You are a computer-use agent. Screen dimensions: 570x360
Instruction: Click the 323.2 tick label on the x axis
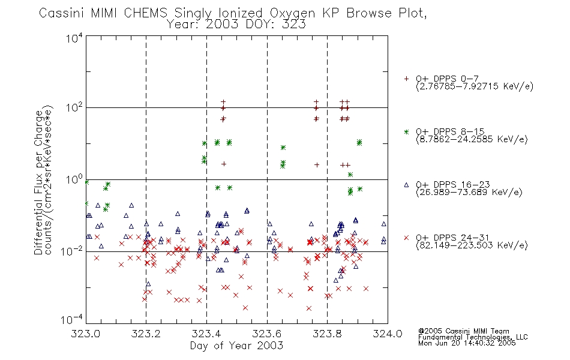coord(146,334)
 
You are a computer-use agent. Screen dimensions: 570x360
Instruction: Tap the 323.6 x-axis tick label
coord(267,334)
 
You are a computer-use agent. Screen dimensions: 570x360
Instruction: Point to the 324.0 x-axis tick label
coord(388,334)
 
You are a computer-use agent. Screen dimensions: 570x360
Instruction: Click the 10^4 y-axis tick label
coord(74,38)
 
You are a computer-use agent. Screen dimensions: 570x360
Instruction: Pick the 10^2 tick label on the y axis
coord(74,107)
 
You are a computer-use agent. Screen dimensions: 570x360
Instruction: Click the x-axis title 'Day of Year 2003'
coord(236,346)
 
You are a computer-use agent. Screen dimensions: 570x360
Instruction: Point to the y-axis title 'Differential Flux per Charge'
coord(38,182)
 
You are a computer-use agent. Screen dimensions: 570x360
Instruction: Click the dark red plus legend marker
coord(406,79)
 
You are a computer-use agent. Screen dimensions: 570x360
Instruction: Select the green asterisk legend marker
coord(406,131)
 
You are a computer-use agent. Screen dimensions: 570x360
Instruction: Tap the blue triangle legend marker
coord(406,185)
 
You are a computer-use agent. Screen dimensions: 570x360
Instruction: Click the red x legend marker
coord(406,238)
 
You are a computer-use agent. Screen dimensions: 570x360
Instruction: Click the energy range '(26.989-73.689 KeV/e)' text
coord(469,192)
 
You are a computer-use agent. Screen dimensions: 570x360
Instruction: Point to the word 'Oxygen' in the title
coord(292,13)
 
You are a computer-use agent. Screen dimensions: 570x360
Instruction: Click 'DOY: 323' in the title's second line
coord(275,25)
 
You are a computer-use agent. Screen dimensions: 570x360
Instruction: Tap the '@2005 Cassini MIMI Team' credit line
coord(463,331)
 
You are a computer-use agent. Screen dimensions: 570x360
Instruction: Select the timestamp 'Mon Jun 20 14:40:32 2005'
coord(467,343)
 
